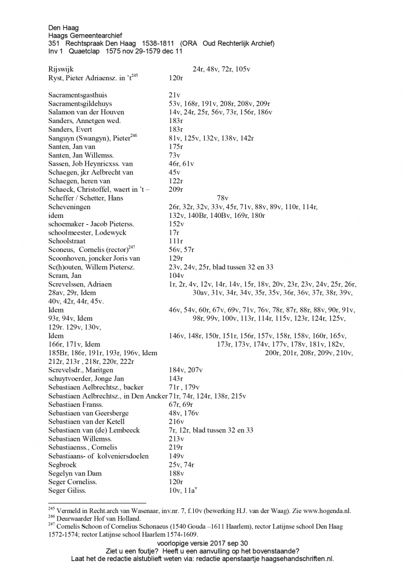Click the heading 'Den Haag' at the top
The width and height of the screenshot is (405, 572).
coord(64,27)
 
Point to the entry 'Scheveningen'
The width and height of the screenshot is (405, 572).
coord(72,207)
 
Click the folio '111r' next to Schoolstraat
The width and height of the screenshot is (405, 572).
coord(176,241)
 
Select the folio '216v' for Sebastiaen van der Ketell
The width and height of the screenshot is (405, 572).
coord(176,422)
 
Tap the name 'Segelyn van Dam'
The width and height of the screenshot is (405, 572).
coord(76,473)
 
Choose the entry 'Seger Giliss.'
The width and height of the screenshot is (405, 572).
coord(68,491)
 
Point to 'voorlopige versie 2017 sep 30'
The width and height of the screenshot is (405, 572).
coord(202,544)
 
